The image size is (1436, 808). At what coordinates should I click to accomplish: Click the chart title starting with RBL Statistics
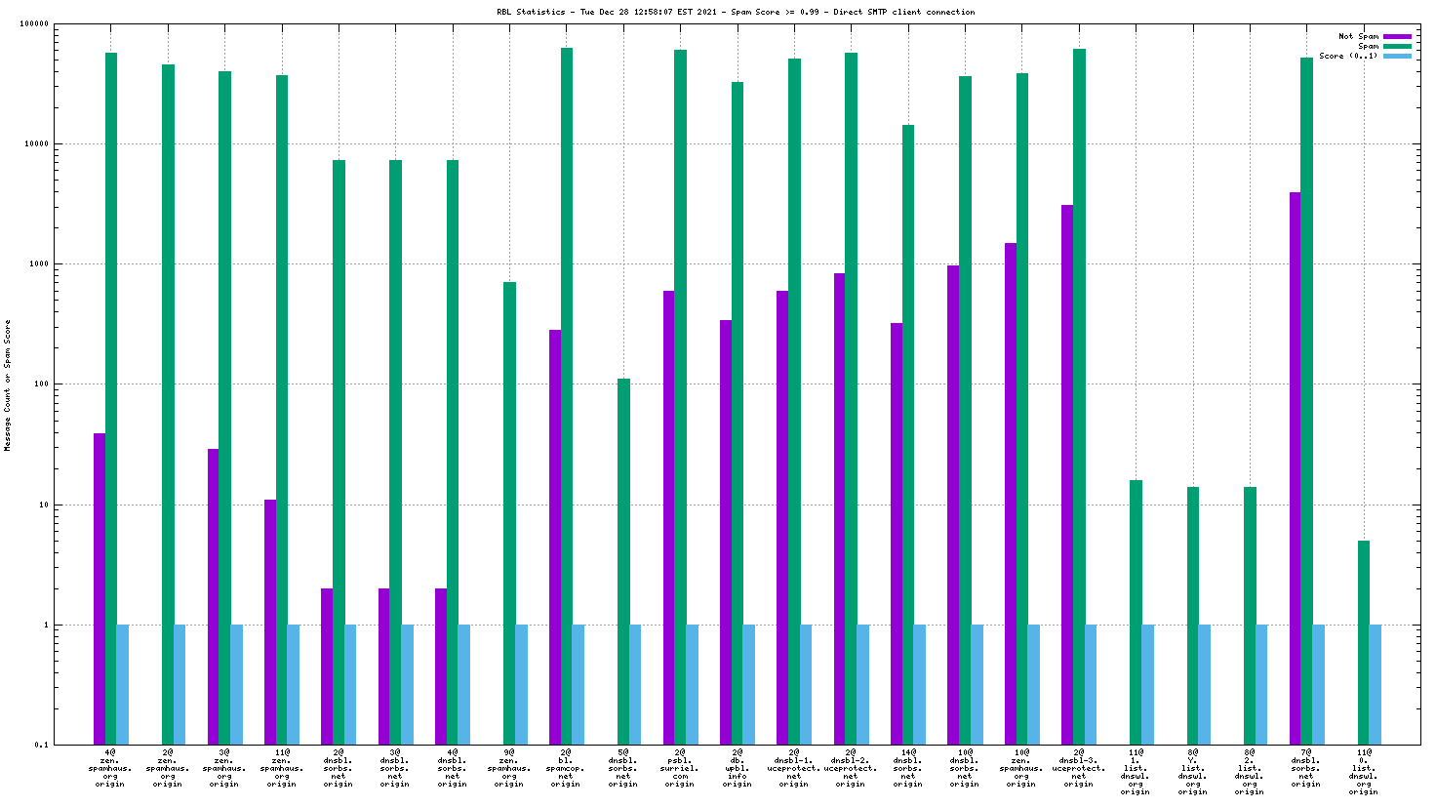pos(736,12)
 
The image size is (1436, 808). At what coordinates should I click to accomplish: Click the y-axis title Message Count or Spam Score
pos(8,385)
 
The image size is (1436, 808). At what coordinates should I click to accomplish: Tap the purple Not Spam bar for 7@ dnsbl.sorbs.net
pos(1295,468)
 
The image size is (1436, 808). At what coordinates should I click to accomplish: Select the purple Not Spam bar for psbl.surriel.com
pos(668,517)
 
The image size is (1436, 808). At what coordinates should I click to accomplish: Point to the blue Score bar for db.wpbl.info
pos(749,684)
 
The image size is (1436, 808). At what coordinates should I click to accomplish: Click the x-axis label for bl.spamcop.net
pos(566,768)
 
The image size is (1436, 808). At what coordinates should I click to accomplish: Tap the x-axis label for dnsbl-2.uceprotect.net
pos(851,768)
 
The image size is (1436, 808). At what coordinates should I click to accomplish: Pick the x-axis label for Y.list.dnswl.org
pos(1192,772)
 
